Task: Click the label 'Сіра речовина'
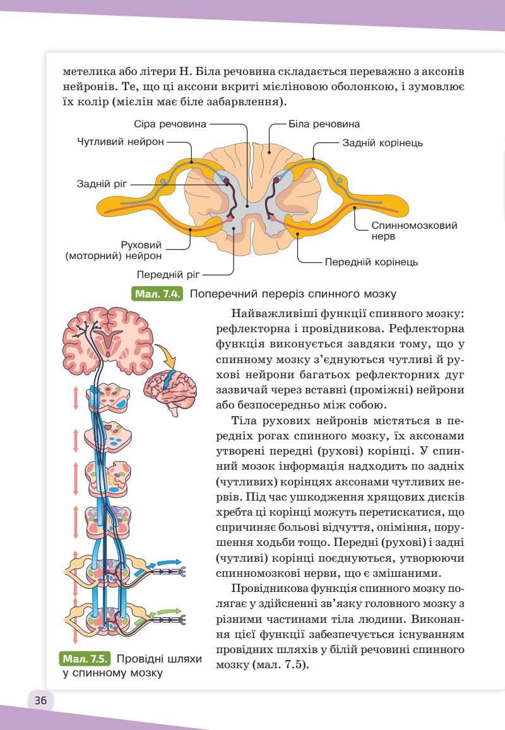click(170, 124)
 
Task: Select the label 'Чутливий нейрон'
click(121, 142)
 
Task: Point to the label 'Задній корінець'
click(383, 143)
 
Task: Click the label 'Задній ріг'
click(102, 184)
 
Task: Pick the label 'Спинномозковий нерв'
click(414, 230)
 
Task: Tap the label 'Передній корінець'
click(371, 262)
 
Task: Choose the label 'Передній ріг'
click(168, 274)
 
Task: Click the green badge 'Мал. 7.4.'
click(157, 294)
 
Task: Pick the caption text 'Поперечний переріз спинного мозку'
click(293, 294)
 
